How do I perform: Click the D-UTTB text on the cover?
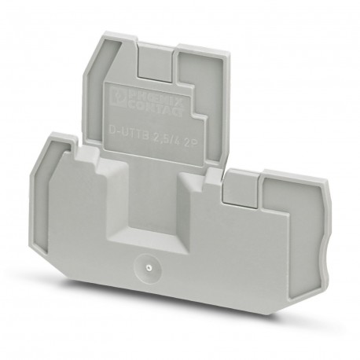(x=128, y=125)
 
